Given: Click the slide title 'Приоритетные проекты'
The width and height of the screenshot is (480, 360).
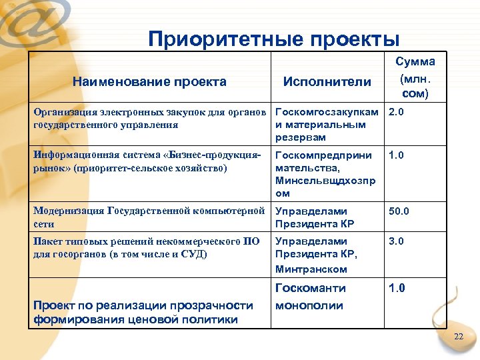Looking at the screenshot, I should pos(274,38).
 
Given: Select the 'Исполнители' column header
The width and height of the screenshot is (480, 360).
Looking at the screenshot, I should pos(327,82).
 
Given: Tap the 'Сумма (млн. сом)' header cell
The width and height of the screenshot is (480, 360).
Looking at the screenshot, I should pos(415,77).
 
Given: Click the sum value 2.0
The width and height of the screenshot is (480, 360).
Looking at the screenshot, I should pos(396,113).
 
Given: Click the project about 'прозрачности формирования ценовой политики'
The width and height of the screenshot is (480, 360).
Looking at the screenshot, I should pos(143,312).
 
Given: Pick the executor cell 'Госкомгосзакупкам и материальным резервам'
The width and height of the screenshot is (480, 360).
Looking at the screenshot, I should pos(327,125).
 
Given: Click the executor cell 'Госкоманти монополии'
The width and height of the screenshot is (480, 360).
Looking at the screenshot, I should pos(311,297).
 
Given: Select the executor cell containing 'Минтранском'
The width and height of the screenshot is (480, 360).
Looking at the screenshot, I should pos(327,255).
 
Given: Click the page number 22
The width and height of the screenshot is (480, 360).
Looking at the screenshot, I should pos(458,337).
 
